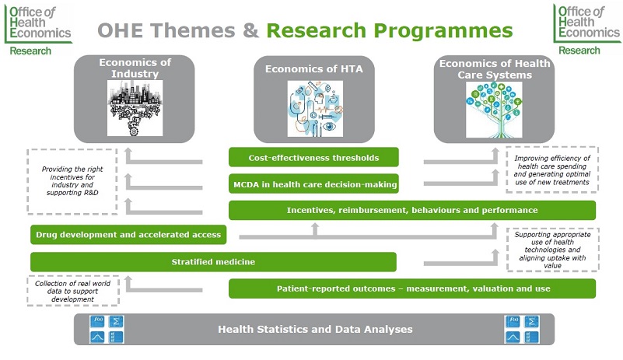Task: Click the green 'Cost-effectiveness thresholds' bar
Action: pos(313,157)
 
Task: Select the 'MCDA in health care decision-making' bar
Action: pos(313,184)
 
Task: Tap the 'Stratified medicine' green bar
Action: pos(213,262)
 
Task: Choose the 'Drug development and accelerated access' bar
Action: pos(128,235)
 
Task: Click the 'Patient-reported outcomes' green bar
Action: pos(412,288)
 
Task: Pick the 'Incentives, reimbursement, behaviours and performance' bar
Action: pos(412,210)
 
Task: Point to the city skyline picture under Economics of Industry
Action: pos(135,108)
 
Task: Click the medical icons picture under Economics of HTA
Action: pos(315,109)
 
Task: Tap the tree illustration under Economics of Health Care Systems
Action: pos(494,110)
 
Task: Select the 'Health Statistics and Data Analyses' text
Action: pos(315,329)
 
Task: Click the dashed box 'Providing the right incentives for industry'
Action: pos(72,182)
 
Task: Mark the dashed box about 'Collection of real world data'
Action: pos(72,291)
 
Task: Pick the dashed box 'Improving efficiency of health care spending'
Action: pos(552,170)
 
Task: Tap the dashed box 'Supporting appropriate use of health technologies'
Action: pos(553,250)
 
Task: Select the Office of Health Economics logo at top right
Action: pos(587,30)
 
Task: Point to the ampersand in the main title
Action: pos(250,30)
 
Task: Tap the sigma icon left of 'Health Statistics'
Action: pos(117,321)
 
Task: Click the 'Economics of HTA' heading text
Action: pos(314,68)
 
